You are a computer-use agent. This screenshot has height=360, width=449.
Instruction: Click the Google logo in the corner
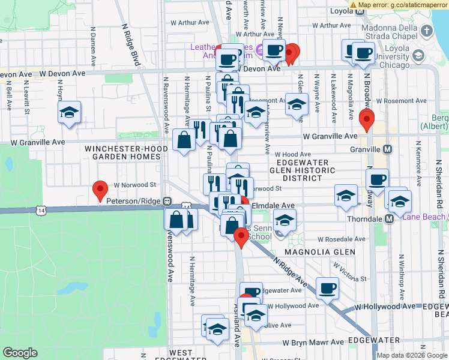click(x=20, y=353)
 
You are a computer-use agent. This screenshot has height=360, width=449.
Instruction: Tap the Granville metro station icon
click(x=388, y=149)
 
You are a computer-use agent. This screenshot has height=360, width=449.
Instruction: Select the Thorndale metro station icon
click(x=388, y=219)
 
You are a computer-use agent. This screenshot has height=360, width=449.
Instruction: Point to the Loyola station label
click(x=343, y=11)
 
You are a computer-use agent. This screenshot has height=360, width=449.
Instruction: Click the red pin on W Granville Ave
click(x=366, y=120)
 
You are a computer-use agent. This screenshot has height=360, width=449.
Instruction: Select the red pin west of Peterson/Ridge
click(x=100, y=191)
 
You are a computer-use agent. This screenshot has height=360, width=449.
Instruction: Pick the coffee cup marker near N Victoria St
click(x=328, y=289)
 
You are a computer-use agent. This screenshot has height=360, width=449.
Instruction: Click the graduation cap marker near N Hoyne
click(x=70, y=112)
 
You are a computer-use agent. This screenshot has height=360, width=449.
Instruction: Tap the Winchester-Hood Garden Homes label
click(x=123, y=152)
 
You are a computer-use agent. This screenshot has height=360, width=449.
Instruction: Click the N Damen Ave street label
click(x=94, y=40)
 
